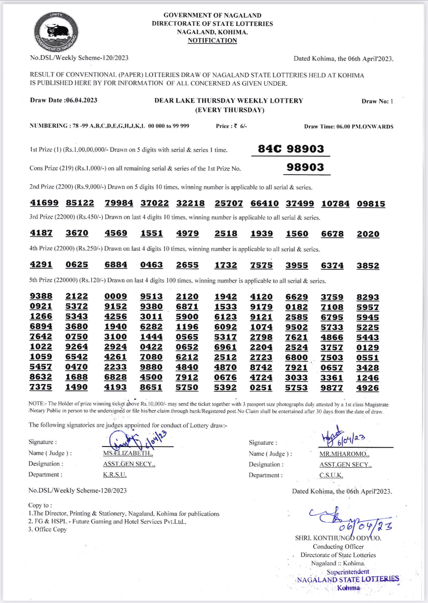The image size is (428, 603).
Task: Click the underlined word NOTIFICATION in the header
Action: pos(212,40)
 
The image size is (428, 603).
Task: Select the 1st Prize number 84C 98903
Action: pos(291,149)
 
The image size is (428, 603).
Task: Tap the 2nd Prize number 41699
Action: pos(45,203)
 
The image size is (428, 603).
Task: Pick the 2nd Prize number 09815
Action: pos(371,204)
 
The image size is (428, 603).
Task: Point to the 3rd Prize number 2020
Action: pos(368,234)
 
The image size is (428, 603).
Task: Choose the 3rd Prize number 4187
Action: pos(41,233)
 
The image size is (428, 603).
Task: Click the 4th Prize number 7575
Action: pos(261,265)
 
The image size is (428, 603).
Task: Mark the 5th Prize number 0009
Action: pos(116,296)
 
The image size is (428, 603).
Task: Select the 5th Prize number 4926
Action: pos(368,388)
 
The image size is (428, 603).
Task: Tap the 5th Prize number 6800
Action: pos(296,357)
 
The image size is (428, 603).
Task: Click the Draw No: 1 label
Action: pos(377,101)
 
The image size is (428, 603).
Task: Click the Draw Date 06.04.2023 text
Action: pos(64,100)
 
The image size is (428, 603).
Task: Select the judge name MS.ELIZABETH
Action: pos(128,453)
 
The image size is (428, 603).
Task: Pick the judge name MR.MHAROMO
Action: pos(344,454)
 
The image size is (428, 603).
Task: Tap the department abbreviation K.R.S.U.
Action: pos(115,475)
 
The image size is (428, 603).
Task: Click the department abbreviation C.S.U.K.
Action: pos(331,475)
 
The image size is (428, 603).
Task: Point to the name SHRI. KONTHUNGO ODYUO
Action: pos(338,538)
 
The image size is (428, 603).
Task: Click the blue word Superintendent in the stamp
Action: pos(348,572)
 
